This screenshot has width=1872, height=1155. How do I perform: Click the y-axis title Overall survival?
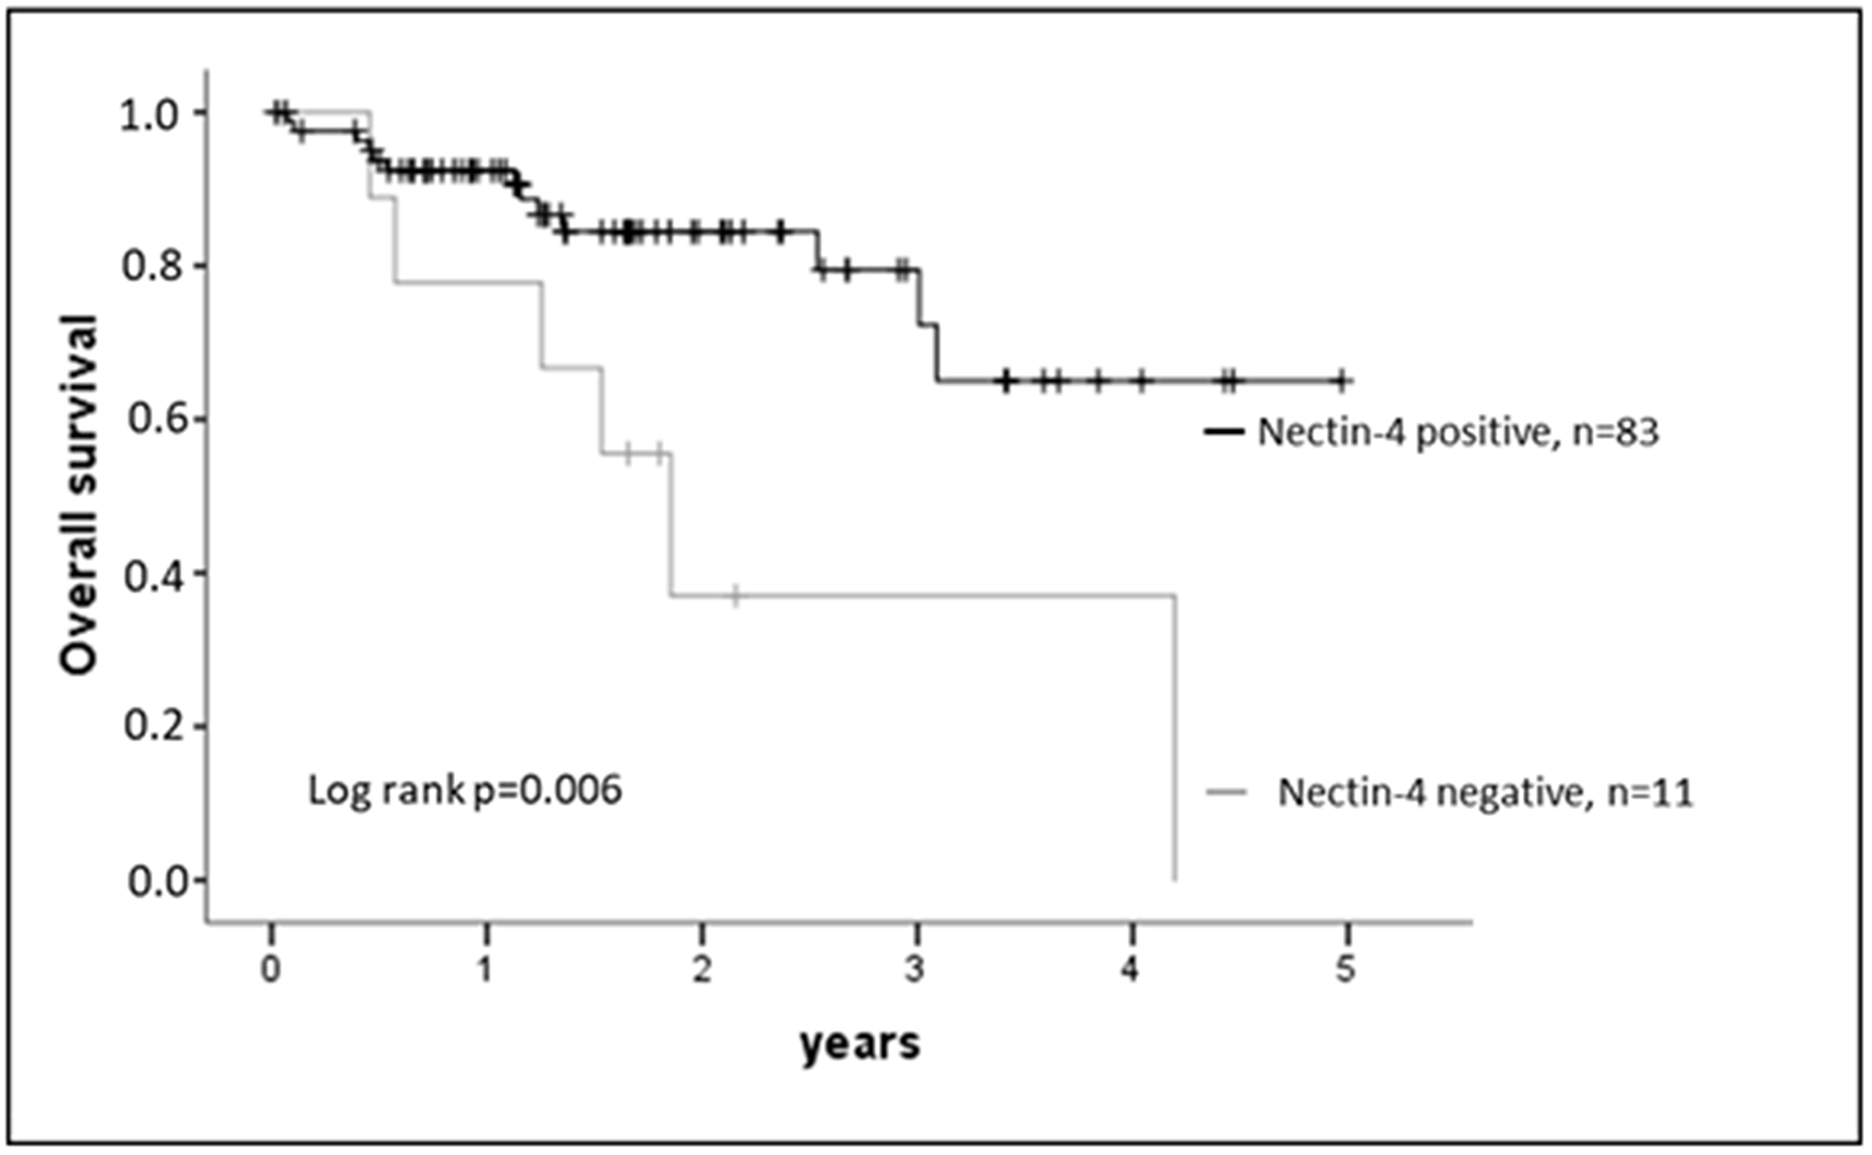click(x=79, y=494)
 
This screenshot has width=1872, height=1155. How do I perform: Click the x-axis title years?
click(x=859, y=1042)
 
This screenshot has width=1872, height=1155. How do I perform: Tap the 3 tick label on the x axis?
click(x=916, y=970)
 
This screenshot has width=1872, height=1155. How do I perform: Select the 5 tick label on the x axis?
click(x=1345, y=970)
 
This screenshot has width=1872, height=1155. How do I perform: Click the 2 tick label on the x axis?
click(x=701, y=970)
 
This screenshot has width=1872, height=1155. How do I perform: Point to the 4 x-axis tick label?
click(x=1131, y=970)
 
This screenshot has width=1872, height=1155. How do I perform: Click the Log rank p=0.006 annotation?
click(x=465, y=791)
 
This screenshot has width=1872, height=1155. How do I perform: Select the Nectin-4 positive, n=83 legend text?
click(x=1457, y=432)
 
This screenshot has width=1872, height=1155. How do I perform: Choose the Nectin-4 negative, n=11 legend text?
click(x=1485, y=793)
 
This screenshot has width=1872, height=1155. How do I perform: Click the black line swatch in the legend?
click(x=1223, y=431)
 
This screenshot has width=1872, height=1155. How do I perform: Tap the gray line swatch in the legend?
click(x=1227, y=793)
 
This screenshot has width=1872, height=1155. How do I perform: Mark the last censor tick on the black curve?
click(x=1341, y=380)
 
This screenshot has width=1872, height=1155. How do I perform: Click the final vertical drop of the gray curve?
click(x=1175, y=739)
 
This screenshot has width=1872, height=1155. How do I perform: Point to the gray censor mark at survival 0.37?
click(x=735, y=595)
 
